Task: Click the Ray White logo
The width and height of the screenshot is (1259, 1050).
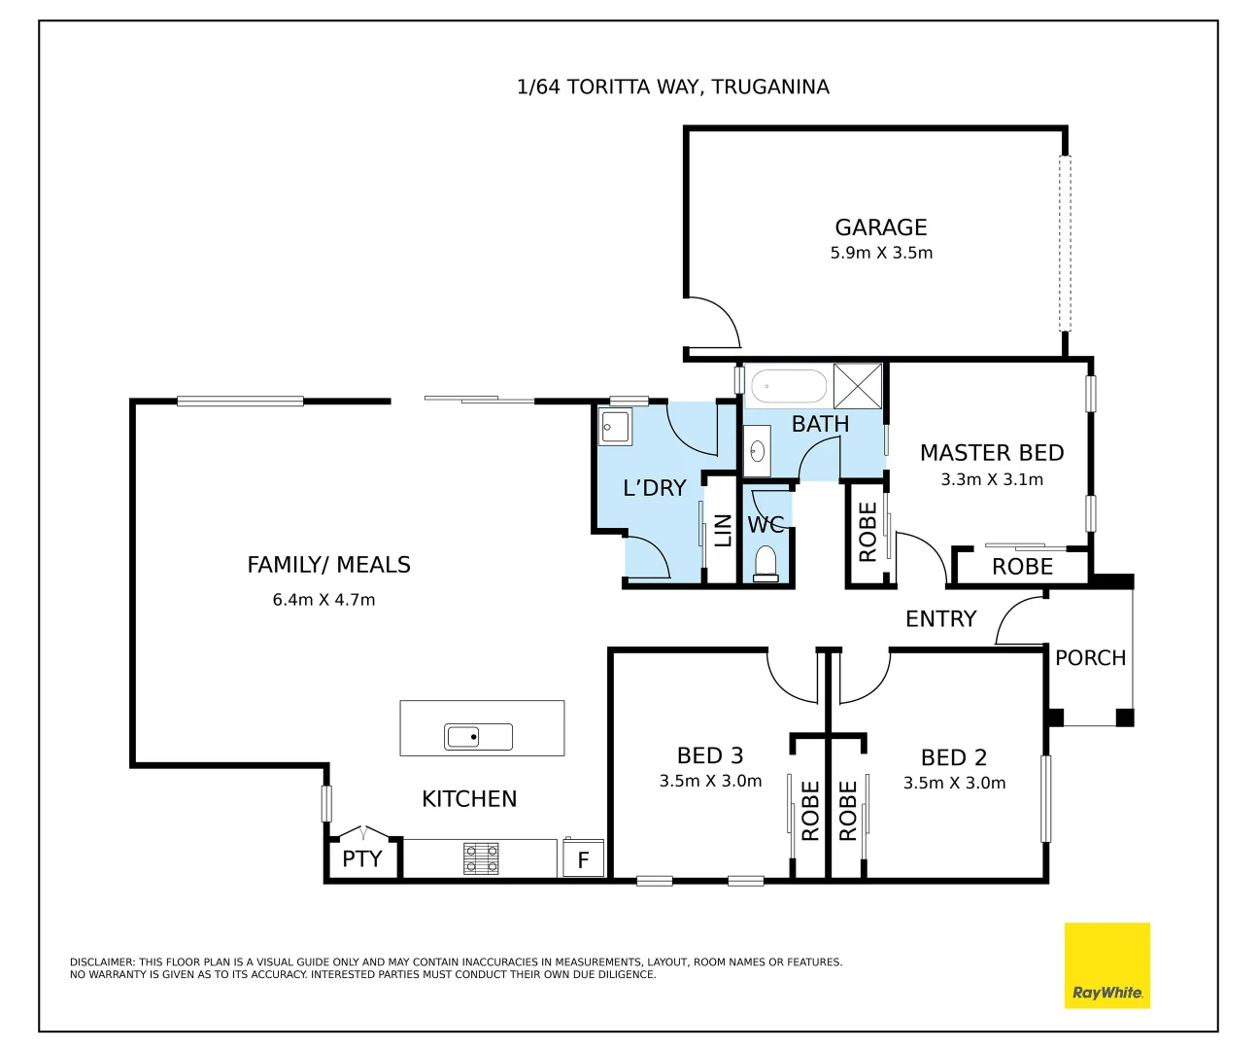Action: click(x=1106, y=965)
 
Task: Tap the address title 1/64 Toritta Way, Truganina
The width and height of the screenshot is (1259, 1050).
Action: click(x=673, y=87)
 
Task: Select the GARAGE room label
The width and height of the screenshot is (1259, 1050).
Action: click(x=881, y=227)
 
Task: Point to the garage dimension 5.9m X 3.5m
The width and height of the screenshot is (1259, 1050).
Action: click(x=881, y=253)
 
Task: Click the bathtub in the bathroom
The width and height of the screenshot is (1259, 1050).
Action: click(x=789, y=386)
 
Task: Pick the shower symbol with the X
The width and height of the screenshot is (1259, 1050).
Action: click(x=858, y=386)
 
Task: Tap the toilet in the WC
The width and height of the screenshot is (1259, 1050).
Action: click(x=766, y=564)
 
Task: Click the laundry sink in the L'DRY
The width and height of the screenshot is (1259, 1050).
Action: click(x=615, y=427)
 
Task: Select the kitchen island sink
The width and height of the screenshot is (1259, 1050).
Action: click(x=478, y=737)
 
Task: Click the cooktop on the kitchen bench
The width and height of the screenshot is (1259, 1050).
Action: click(x=481, y=858)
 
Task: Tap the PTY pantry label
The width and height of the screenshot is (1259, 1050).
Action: click(x=361, y=859)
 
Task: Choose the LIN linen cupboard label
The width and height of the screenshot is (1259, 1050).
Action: click(x=723, y=531)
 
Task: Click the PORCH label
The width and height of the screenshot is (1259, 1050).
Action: click(x=1090, y=658)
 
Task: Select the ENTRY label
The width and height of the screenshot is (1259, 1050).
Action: click(x=940, y=619)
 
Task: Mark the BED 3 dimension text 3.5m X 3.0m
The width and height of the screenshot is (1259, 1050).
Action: click(x=710, y=782)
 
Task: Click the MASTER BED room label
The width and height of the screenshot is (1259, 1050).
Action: click(x=992, y=453)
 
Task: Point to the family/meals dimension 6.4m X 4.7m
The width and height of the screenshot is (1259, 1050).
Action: click(x=323, y=601)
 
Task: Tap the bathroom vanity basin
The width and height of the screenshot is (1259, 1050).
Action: click(x=758, y=451)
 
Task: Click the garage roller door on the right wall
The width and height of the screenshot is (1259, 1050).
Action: click(x=1065, y=243)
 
